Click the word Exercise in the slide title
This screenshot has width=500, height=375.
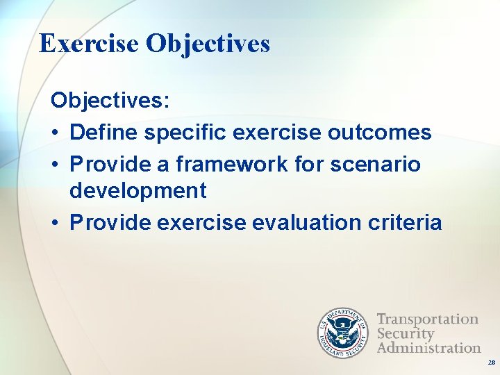point(90,44)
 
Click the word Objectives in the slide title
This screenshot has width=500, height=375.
point(208,44)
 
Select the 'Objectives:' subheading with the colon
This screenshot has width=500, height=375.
point(110,100)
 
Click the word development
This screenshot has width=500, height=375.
point(138,190)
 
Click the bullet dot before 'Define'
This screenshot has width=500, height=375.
point(56,133)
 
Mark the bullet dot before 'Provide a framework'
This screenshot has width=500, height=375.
point(56,165)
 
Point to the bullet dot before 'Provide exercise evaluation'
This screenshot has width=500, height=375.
point(56,223)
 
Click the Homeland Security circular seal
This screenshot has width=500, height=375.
point(342,333)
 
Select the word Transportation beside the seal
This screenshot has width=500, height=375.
point(428,319)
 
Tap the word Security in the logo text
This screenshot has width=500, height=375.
point(405,333)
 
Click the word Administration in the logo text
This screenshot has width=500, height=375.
point(428,347)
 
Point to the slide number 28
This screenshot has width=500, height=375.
point(491,362)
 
